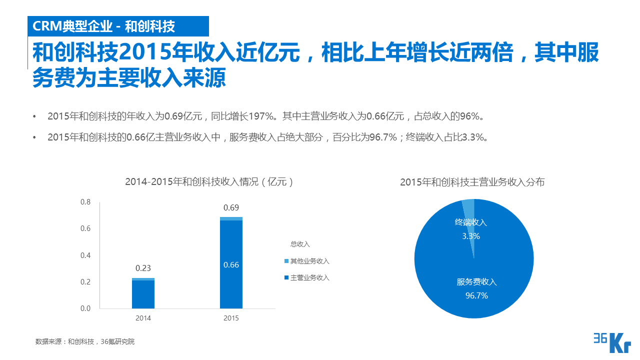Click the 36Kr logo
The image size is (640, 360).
611,342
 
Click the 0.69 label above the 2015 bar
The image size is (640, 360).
231,207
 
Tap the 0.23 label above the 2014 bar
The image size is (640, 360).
143,268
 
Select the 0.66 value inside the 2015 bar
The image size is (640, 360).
231,265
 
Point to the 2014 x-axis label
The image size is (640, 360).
143,318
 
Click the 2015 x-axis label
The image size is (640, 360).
231,318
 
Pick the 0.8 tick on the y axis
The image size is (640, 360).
85,202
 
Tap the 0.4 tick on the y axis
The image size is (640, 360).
85,255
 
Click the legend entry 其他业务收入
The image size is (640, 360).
309,261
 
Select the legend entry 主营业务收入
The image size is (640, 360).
309,277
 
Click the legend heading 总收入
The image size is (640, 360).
300,244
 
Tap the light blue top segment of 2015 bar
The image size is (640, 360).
231,218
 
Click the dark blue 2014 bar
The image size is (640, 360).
143,295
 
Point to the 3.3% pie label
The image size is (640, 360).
470,236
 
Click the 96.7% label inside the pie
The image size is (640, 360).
476,295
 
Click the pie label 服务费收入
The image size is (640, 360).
476,282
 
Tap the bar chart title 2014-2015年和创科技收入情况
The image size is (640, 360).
209,182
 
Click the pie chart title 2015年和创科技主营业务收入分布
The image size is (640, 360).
472,182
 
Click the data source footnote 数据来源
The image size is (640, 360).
85,342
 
